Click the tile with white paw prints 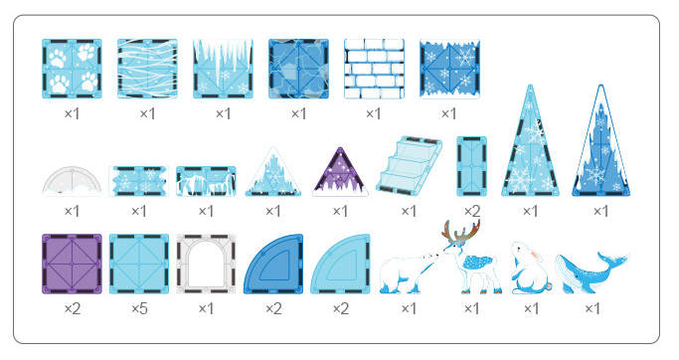coord(72,69)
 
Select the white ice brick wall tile coord(374,69)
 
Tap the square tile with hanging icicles coord(223,69)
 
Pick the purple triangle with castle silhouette coord(341,173)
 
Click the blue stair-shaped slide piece coord(409,165)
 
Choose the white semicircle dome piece coord(72,181)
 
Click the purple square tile coord(72,264)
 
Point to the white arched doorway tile coord(206,265)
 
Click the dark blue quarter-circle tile coord(273,266)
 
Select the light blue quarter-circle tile coord(341,266)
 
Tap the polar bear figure coord(409,270)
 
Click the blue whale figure coord(593,272)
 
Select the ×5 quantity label coord(138,309)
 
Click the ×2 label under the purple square coord(72,309)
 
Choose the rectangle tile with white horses coord(206,182)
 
